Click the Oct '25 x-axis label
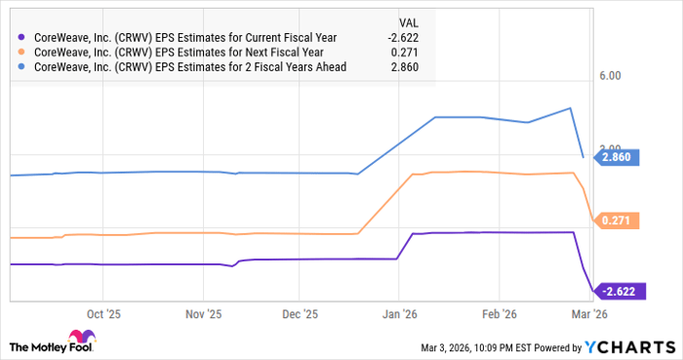click(x=102, y=314)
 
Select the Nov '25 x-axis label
click(x=202, y=314)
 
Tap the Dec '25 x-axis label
click(x=300, y=314)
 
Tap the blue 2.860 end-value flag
click(x=618, y=157)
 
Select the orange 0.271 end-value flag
click(x=618, y=221)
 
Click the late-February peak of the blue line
click(x=571, y=108)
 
